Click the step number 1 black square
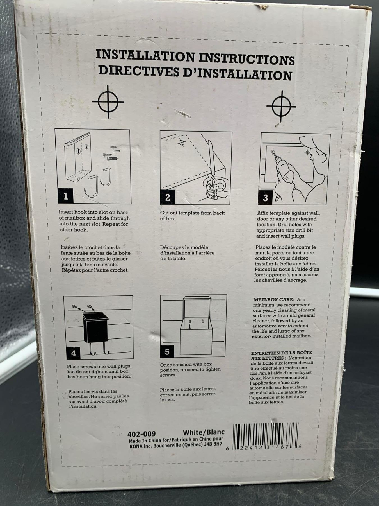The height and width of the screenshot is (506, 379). coord(66,196)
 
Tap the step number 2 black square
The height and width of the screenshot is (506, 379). coord(168,197)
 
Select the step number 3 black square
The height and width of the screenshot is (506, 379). coord(266,198)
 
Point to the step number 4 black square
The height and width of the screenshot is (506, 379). coord(73,353)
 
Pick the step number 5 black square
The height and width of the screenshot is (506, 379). coord(167,352)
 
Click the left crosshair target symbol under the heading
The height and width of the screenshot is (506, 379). coord(108,102)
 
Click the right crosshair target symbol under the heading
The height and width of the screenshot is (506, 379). coord(281,107)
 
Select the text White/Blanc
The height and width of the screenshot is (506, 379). coord(204,432)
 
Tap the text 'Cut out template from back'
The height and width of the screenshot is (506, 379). coord(192,213)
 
